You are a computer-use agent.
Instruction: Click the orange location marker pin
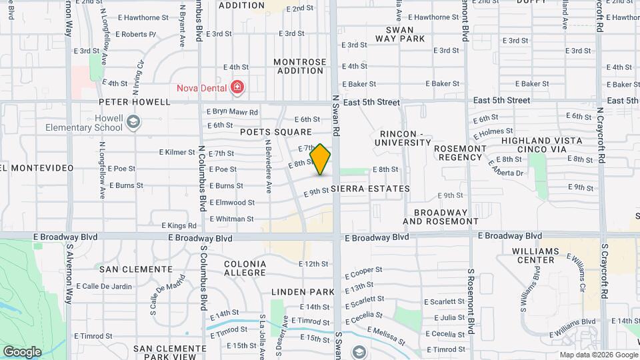click(321, 159)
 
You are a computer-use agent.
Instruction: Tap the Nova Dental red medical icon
click(236, 87)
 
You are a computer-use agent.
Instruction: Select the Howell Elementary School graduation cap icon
click(133, 121)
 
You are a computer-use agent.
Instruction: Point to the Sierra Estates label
click(375, 189)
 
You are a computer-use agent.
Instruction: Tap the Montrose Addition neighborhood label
click(301, 66)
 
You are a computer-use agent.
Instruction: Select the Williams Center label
click(531, 255)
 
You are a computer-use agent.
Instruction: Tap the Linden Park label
click(303, 292)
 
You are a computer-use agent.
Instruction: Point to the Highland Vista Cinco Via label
click(541, 145)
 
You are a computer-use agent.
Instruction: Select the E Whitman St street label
click(231, 219)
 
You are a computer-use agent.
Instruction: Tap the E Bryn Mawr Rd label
click(232, 112)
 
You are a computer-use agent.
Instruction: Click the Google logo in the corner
click(22, 351)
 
